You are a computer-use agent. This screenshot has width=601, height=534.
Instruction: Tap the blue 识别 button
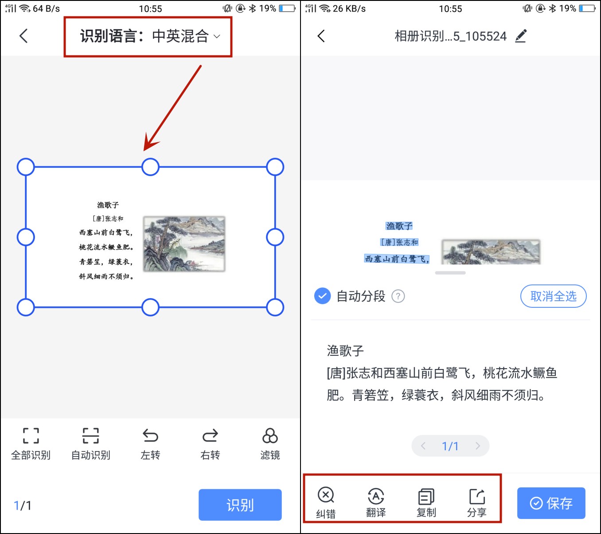[240, 505]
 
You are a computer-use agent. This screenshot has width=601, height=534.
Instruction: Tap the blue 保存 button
[551, 503]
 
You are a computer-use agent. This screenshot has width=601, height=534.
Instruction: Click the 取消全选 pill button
[553, 296]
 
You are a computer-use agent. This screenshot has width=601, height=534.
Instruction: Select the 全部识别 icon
[31, 436]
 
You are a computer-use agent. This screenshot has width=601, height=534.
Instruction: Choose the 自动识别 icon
[90, 436]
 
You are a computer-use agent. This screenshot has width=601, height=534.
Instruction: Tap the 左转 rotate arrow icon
[150, 436]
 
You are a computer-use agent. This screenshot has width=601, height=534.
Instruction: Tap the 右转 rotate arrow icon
[210, 436]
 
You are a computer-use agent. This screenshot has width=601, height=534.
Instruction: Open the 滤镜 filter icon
[270, 436]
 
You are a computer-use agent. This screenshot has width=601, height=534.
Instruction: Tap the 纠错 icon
[326, 495]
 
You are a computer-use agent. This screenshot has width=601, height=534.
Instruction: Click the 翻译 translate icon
[376, 496]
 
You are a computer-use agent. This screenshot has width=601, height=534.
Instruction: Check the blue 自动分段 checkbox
[322, 296]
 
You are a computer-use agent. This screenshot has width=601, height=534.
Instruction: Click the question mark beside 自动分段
[398, 296]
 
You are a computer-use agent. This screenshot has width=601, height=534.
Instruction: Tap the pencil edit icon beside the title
[521, 36]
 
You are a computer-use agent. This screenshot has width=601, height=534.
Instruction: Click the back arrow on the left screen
[24, 36]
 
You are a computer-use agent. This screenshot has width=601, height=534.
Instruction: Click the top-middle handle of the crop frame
[150, 167]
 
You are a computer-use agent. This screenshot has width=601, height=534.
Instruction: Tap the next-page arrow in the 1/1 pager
[477, 446]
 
